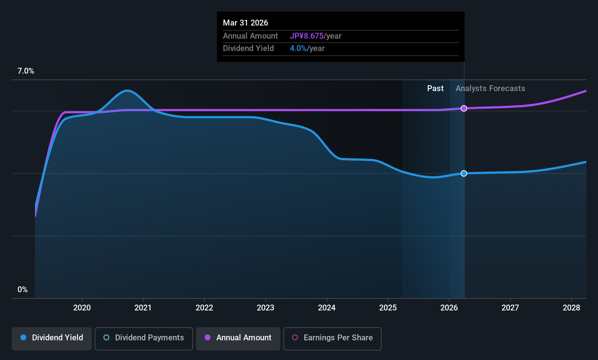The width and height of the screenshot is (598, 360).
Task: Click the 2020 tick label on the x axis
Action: pos(82,308)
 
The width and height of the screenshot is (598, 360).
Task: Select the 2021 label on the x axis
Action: pos(143,308)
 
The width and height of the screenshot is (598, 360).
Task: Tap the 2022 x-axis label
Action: pos(204,308)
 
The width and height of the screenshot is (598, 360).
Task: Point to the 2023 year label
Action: pos(265,308)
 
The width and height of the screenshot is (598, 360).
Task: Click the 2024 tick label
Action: pos(327,308)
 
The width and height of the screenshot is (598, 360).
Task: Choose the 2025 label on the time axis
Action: pos(388,308)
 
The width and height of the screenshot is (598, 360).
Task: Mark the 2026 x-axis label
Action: pos(449,308)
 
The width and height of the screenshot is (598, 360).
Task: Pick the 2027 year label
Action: pos(510,308)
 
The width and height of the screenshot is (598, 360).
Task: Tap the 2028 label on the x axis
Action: pos(571,308)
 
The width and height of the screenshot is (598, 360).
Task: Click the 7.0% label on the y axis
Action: pos(25,71)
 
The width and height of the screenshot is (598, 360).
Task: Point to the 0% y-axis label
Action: pos(23,290)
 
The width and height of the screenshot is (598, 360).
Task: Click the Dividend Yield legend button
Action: pos(51,339)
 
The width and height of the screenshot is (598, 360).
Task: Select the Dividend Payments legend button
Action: pos(143,339)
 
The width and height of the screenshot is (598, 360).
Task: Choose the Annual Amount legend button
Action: pos(238,339)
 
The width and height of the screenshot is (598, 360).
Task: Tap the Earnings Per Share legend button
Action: pos(333,339)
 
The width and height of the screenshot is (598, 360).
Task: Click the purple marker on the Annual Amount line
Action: pos(464,109)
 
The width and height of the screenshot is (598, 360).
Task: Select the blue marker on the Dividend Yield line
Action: pos(464,173)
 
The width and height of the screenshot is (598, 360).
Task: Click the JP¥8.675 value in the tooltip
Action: pos(307,36)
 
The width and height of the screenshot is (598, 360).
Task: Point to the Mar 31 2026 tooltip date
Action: pos(245,23)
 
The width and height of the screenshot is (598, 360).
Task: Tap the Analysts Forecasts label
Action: pos(490,89)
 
